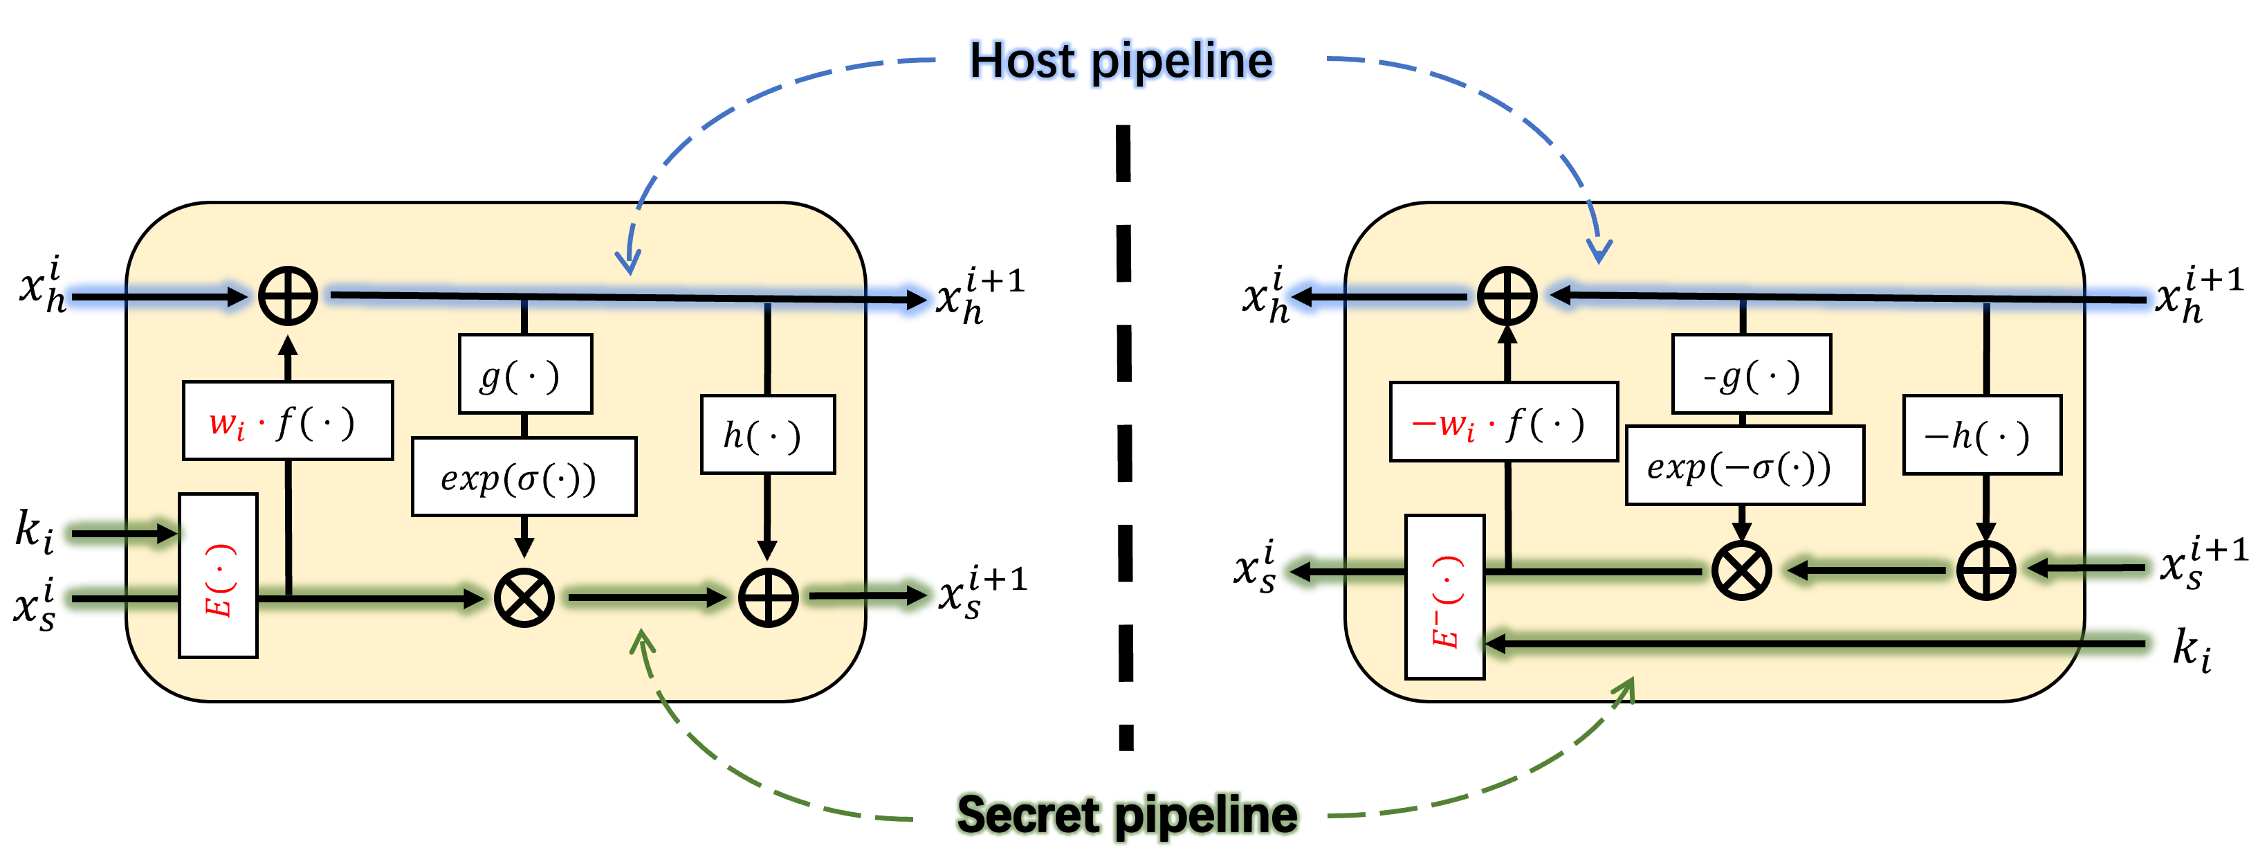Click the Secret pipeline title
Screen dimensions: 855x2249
1126,815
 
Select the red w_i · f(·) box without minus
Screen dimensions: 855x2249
287,421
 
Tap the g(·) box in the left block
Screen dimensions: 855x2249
524,374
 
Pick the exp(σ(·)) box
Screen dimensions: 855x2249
524,477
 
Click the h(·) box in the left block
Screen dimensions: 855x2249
767,435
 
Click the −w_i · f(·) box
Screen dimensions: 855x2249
1503,422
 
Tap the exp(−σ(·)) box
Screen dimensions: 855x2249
1743,465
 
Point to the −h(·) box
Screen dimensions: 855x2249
1982,435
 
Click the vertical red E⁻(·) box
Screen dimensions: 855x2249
1445,597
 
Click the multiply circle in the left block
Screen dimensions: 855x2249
524,598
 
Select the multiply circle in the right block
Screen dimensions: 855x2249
1742,571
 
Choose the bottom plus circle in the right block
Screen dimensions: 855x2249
1985,571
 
